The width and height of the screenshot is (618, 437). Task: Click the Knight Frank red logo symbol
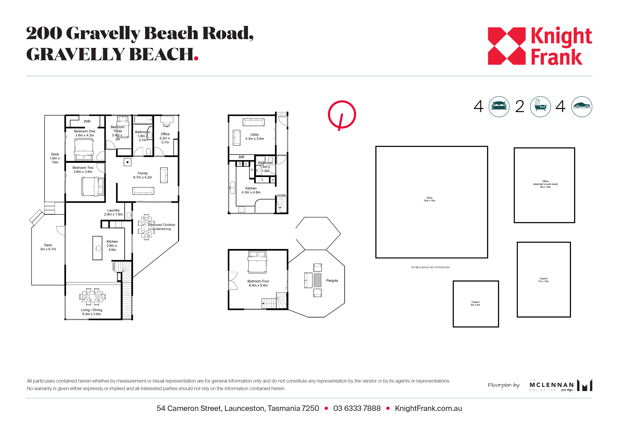[x=506, y=46]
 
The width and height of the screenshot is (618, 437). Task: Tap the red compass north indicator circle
[x=342, y=114]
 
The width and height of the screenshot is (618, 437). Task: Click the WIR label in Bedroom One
[x=87, y=121]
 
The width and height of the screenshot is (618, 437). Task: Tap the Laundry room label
[x=113, y=210]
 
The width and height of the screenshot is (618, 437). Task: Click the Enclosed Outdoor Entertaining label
[x=162, y=227]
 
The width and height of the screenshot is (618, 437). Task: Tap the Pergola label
[x=332, y=281]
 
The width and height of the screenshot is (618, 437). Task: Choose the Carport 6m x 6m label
[x=475, y=303]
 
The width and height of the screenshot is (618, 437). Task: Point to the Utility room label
[x=254, y=135]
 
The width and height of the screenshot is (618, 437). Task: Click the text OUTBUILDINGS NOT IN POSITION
[x=430, y=267]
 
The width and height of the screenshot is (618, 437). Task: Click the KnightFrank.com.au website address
[x=428, y=408]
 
